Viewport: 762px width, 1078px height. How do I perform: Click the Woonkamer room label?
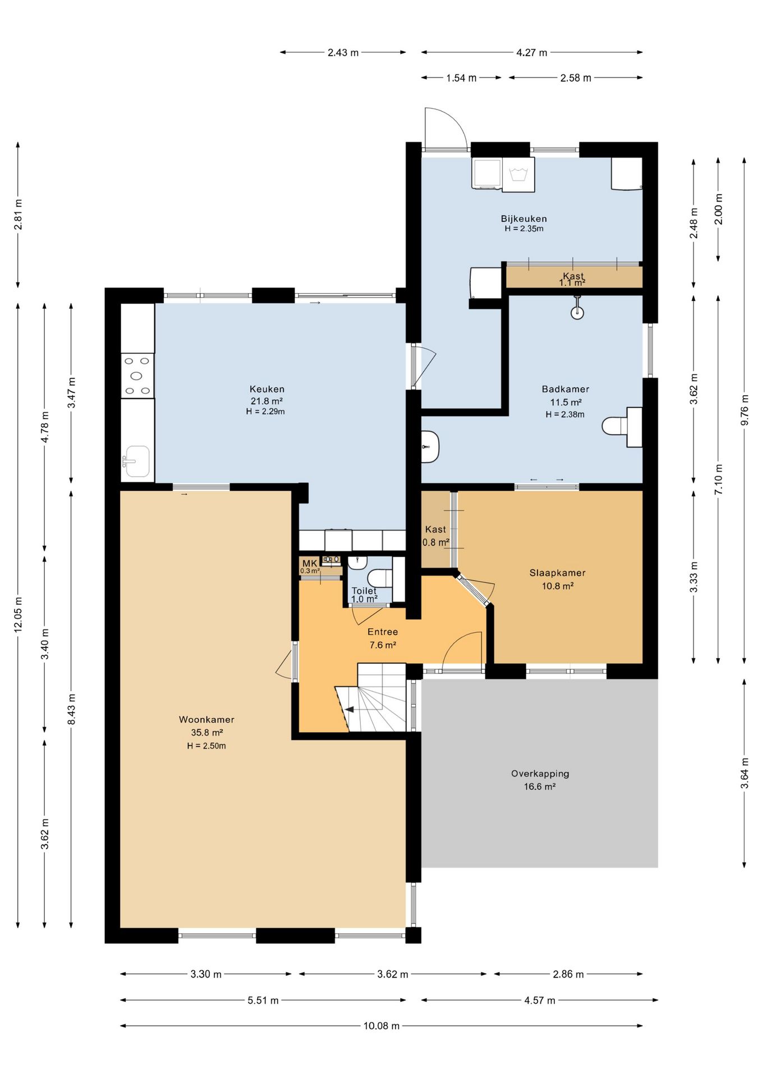tap(206, 719)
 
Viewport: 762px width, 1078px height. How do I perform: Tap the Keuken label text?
tap(267, 389)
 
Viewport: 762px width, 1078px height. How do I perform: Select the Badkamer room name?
tap(565, 389)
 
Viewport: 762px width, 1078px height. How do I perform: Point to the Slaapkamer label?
tap(557, 573)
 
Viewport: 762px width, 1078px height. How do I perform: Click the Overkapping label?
tap(540, 773)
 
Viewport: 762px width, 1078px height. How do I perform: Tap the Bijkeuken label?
tap(524, 218)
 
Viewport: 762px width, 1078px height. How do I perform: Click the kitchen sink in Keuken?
tap(137, 462)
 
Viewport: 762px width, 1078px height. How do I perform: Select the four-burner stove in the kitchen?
tap(137, 376)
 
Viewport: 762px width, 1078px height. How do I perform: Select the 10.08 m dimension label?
tap(382, 1026)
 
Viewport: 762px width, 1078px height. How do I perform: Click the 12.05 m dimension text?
tap(18, 614)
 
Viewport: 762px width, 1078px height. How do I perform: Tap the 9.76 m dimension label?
tap(745, 410)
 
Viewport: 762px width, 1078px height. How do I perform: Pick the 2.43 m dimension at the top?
tap(343, 53)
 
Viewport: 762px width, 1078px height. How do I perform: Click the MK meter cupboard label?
tap(309, 563)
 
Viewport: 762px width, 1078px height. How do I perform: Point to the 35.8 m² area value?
tap(207, 732)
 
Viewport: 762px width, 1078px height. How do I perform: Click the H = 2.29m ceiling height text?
tap(265, 412)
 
